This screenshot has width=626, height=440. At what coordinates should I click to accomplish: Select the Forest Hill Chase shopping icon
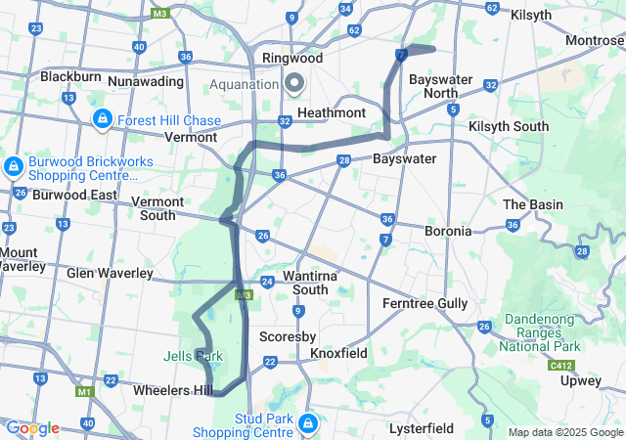coord(102,119)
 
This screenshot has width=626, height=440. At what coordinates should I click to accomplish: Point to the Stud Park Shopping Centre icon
coord(307,423)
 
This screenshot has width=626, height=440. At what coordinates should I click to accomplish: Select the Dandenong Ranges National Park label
coord(541,332)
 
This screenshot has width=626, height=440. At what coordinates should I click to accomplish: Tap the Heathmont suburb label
coord(331,113)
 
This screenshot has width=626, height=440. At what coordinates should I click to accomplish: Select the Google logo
coord(32,428)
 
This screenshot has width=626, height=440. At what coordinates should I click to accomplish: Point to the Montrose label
coord(595,40)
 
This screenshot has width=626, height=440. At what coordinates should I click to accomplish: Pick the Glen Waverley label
coord(110,273)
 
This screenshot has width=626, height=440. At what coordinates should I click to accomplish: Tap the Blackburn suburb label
coord(70,76)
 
